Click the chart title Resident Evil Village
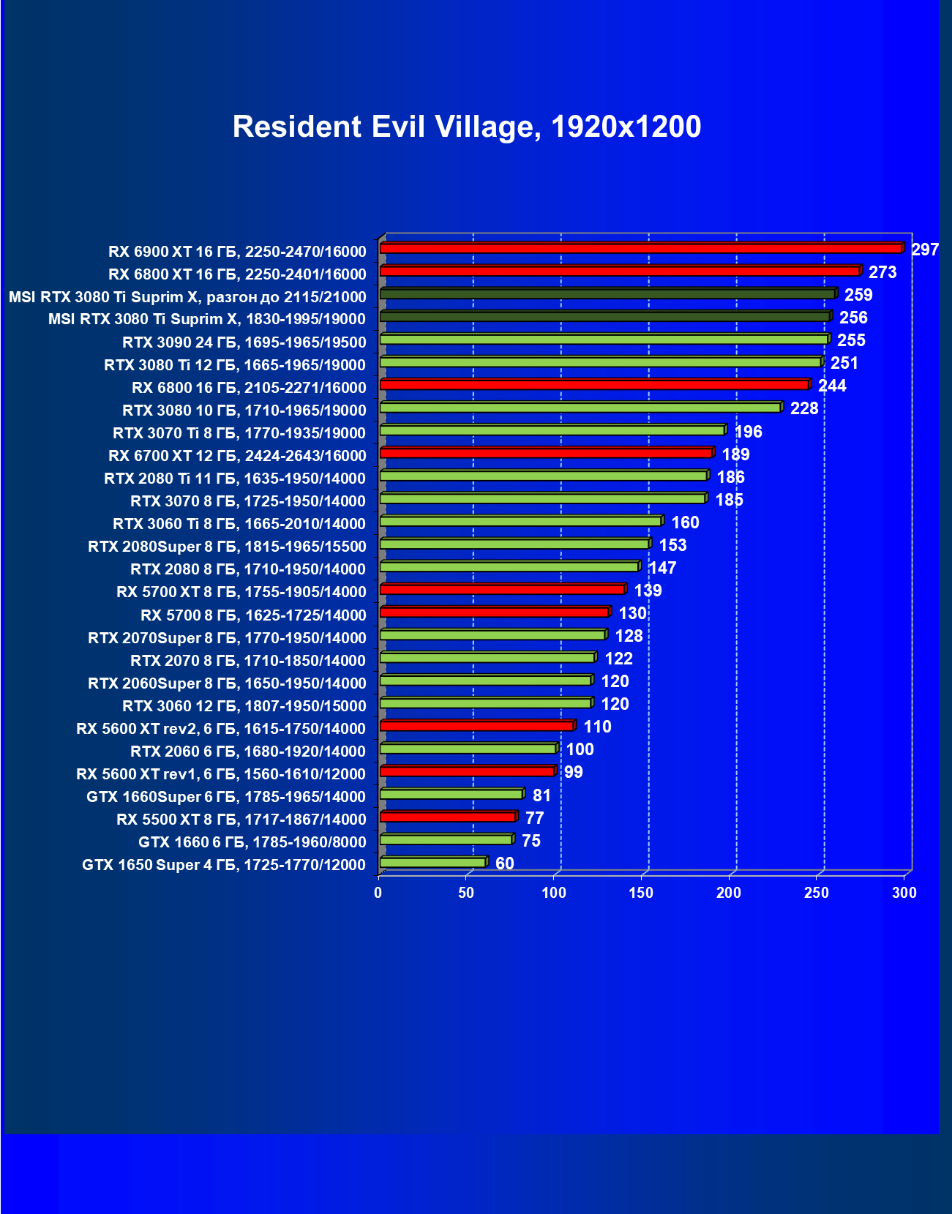pyautogui.click(x=467, y=127)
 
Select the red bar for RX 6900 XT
pyautogui.click(x=641, y=249)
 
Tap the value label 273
pyautogui.click(x=882, y=272)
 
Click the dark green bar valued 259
pyautogui.click(x=607, y=294)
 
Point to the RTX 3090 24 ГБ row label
pyautogui.click(x=244, y=342)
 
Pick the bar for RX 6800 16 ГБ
pyautogui.click(x=594, y=385)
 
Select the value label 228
pyautogui.click(x=804, y=408)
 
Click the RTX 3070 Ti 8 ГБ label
pyautogui.click(x=239, y=433)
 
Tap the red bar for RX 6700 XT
pyautogui.click(x=546, y=453)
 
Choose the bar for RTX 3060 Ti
pyautogui.click(x=520, y=521)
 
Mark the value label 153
pyautogui.click(x=672, y=545)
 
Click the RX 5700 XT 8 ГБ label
pyautogui.click(x=241, y=592)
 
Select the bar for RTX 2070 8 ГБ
pyautogui.click(x=487, y=658)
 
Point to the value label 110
pyautogui.click(x=597, y=727)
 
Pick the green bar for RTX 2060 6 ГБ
pyautogui.click(x=468, y=749)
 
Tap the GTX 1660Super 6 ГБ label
pyautogui.click(x=226, y=797)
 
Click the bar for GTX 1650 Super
pyautogui.click(x=432, y=863)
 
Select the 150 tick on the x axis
pyautogui.click(x=641, y=893)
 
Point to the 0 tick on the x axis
pyautogui.click(x=378, y=893)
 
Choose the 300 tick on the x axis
pyautogui.click(x=904, y=893)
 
